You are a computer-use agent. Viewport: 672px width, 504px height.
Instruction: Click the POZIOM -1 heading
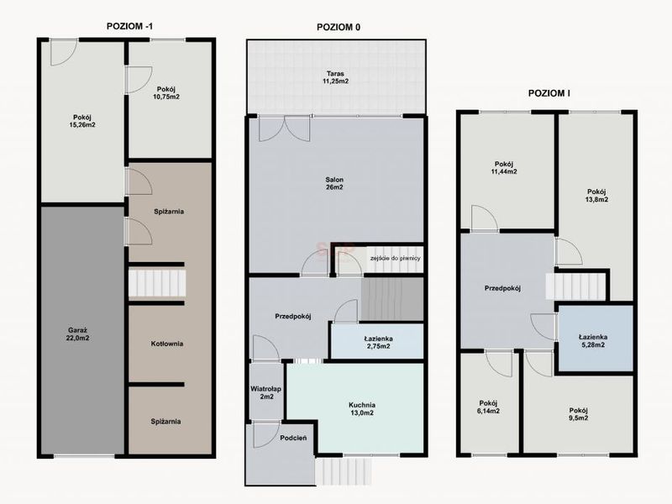coord(129,26)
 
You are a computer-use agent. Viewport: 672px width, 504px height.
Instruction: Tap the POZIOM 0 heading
coord(339,28)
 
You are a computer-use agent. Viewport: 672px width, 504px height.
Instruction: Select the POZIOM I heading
coord(549,93)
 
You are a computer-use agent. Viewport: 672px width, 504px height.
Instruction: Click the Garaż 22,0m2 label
coord(77,334)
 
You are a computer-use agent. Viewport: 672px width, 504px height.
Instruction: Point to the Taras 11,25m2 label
coord(335,77)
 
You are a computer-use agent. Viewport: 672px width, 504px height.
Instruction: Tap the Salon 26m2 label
coord(334,183)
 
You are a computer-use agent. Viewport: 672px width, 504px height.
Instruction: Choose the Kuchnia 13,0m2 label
coord(362,409)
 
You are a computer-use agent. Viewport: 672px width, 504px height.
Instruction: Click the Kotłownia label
coord(167,344)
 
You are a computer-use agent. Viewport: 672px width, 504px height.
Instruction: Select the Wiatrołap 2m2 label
coord(265,393)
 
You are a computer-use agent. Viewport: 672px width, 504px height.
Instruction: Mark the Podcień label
coord(293,438)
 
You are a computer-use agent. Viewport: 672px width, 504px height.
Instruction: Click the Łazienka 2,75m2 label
coord(379,343)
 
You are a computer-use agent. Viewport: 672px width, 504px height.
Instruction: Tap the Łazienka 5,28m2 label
coord(593,341)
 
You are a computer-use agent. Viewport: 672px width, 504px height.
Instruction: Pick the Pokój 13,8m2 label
coord(597,196)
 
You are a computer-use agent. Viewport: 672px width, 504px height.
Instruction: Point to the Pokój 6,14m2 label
coord(488,407)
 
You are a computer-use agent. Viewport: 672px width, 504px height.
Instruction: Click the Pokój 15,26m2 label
coord(81,121)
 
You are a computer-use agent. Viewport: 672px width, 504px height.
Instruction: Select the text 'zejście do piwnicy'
coord(395,259)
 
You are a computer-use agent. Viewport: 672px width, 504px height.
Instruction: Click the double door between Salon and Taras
coord(284,129)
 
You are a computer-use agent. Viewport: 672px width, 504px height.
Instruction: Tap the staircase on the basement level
coord(157,283)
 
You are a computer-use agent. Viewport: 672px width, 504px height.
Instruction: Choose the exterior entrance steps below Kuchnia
coord(344,472)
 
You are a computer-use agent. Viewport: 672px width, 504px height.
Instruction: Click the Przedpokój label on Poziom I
coord(502,288)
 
